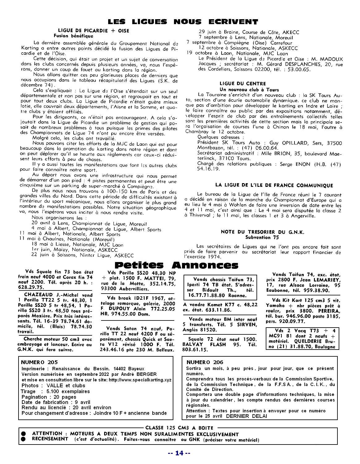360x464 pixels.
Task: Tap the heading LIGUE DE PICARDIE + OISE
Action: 94,31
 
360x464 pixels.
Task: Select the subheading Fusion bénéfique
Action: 73,36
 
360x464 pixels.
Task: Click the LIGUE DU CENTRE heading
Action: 243,84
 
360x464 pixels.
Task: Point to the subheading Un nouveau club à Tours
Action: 245,89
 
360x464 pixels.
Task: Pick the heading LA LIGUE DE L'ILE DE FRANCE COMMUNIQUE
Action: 274,185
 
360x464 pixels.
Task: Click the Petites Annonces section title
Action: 176,265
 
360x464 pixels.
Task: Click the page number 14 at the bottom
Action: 180,453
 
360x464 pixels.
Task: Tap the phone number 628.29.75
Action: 32,287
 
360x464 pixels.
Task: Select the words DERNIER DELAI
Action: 246,416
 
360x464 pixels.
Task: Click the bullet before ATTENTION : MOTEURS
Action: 23,434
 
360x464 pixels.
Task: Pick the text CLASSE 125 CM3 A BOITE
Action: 179,428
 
